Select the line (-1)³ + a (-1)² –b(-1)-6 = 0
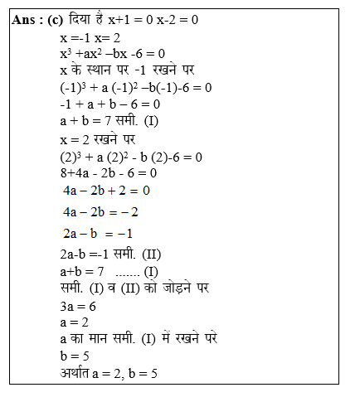click(x=136, y=87)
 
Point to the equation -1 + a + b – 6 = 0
click(x=109, y=104)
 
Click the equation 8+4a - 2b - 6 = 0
click(x=108, y=173)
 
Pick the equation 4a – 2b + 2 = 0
click(x=105, y=191)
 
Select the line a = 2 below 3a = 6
click(x=75, y=322)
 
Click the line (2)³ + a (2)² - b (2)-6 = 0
click(x=131, y=157)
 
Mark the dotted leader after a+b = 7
click(x=127, y=271)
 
